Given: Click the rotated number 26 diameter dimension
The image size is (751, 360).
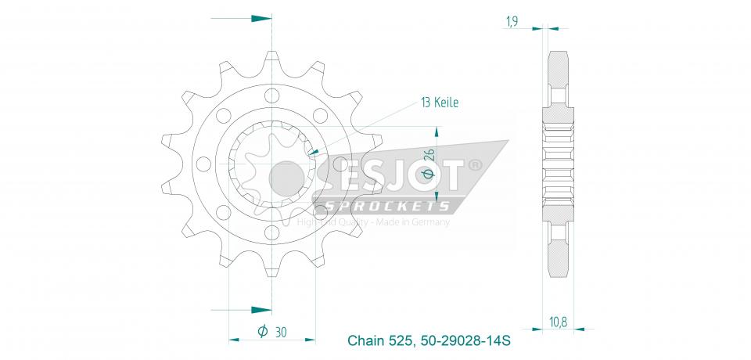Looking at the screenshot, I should (428, 158).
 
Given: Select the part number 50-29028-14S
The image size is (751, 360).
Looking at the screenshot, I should (465, 341).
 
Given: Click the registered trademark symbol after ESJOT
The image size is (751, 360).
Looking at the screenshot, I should (475, 165).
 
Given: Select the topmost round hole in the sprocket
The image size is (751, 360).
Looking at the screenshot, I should (271, 96).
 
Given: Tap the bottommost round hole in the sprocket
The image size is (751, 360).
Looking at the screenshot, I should (271, 232).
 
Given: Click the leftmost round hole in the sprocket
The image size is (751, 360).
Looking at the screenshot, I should (203, 164).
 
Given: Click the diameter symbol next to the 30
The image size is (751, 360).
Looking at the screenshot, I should (263, 332).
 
